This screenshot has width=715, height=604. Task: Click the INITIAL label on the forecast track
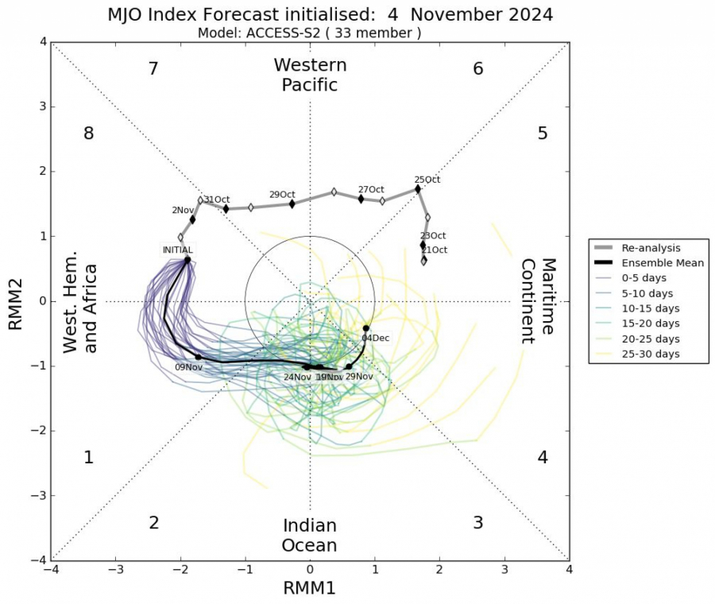177,250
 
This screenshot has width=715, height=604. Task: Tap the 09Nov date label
188,368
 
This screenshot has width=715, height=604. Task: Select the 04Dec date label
375,338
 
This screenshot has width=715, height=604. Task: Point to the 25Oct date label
427,180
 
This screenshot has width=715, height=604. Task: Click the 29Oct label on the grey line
282,195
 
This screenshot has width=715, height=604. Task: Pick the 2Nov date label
182,210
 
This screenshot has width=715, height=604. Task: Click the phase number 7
154,69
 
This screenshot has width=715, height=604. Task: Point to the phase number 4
543,458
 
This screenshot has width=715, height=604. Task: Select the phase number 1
89,458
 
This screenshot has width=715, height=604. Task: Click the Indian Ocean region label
310,536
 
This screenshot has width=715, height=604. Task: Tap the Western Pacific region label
310,75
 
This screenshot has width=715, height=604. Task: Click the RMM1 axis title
310,588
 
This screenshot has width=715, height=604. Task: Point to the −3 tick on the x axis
116,570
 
